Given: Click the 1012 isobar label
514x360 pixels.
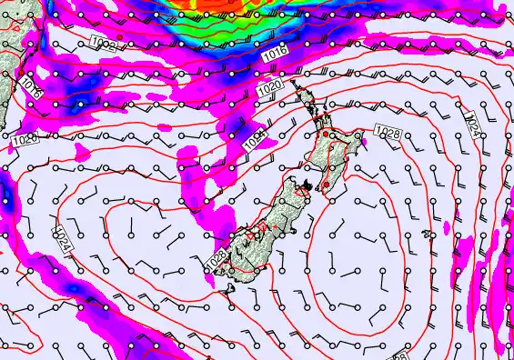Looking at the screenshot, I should pos(103,41).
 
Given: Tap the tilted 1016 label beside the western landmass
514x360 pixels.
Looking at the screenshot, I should pos(32,89).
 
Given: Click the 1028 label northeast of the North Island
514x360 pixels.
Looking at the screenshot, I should pos(388,134).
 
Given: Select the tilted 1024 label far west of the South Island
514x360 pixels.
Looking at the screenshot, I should pos(63,239).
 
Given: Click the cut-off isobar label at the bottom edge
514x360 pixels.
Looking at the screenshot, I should pos(400,355).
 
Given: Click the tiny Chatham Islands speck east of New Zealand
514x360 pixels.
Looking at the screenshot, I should pos(428,235).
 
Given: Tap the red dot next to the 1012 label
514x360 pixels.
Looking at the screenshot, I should pos(118,37).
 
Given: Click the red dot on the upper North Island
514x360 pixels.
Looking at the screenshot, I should pos(326,135).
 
